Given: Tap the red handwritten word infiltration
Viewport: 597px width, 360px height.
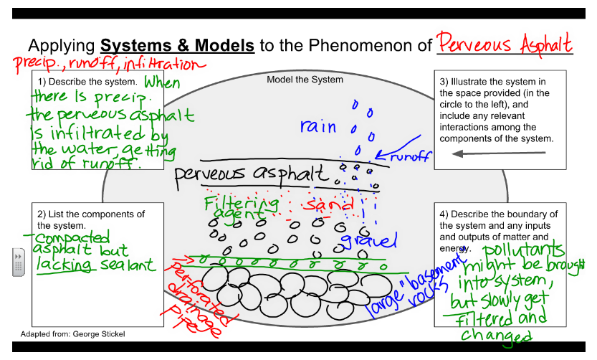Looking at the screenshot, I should (159, 65).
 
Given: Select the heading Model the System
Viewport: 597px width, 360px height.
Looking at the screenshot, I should (305, 80).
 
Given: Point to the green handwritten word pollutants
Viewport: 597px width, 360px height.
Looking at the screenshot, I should (522, 252).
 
